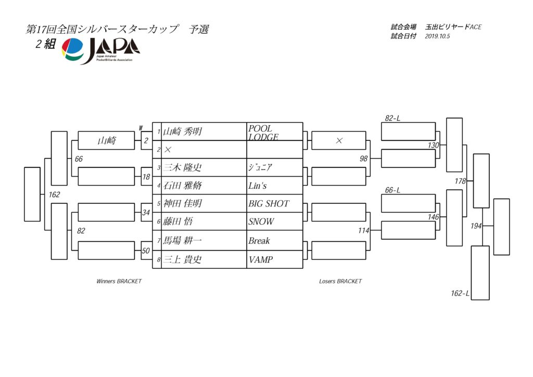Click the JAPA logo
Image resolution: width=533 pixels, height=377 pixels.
pos(100,50)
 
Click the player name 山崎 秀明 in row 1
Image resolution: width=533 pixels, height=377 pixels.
pos(183,132)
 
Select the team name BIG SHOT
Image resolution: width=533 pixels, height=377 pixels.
pos(269,203)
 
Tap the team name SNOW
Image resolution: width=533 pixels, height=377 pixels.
pos(261,222)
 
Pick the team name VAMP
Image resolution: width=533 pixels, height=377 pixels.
pos(261,260)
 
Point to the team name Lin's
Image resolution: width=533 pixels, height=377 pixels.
pos(257,186)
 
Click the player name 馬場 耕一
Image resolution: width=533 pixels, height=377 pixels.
pos(183,240)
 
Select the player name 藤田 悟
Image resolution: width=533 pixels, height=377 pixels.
pos(178,222)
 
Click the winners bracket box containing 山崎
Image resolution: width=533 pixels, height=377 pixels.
pos(106,140)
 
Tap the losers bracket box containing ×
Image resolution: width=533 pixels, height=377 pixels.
pos(338,140)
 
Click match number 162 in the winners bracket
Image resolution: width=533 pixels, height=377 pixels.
pos(54,194)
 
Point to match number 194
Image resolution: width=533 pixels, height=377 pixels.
pos(476,226)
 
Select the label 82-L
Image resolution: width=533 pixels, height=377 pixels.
pos(392,118)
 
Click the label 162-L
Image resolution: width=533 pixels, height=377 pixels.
pos(460,293)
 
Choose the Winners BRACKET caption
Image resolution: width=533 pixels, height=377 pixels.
pos(119,281)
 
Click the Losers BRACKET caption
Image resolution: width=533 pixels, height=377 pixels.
pos(340,281)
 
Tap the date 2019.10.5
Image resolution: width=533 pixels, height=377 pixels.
pos(437,36)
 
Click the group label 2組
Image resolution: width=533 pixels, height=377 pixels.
pos(46,44)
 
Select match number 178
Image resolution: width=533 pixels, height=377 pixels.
pos(460,181)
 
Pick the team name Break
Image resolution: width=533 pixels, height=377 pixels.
pos(259,241)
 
